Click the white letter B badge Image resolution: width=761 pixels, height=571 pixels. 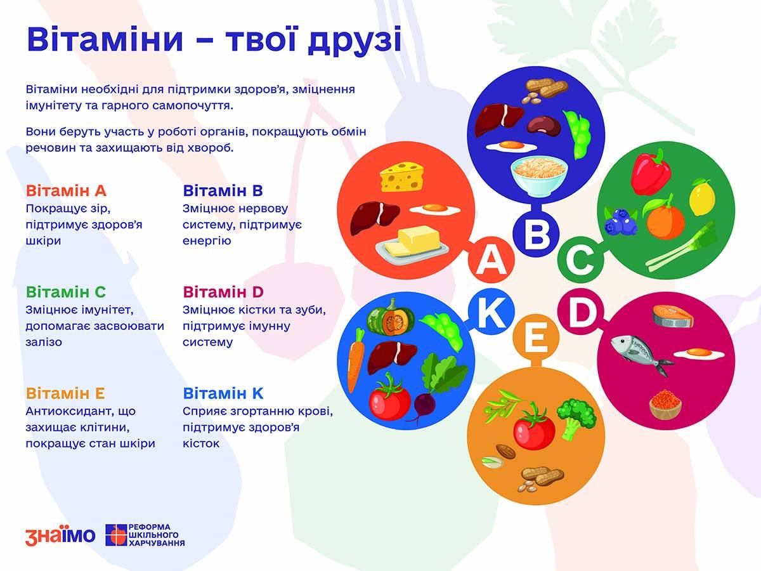tap(536, 235)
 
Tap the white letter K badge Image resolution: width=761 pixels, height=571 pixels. tap(491, 312)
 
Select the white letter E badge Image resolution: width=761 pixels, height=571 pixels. tap(536, 337)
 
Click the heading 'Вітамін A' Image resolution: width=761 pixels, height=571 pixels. tap(66, 191)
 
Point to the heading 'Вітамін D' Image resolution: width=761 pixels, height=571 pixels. tap(223, 292)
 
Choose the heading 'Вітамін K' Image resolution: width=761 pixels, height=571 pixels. tap(223, 393)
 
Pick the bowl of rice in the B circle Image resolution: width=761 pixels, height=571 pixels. tap(540, 176)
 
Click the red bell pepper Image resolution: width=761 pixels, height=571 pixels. tap(651, 173)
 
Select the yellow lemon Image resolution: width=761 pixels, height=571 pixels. tap(702, 197)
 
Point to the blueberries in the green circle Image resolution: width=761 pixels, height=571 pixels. tap(621, 221)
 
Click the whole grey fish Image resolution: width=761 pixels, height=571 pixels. tap(641, 355)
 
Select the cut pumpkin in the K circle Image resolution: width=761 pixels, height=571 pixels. tap(391, 317)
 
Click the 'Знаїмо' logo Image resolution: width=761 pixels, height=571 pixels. tap(60, 535)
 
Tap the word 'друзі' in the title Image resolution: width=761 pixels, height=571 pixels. tap(354, 40)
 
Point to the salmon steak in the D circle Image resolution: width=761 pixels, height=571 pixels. tap(673, 316)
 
